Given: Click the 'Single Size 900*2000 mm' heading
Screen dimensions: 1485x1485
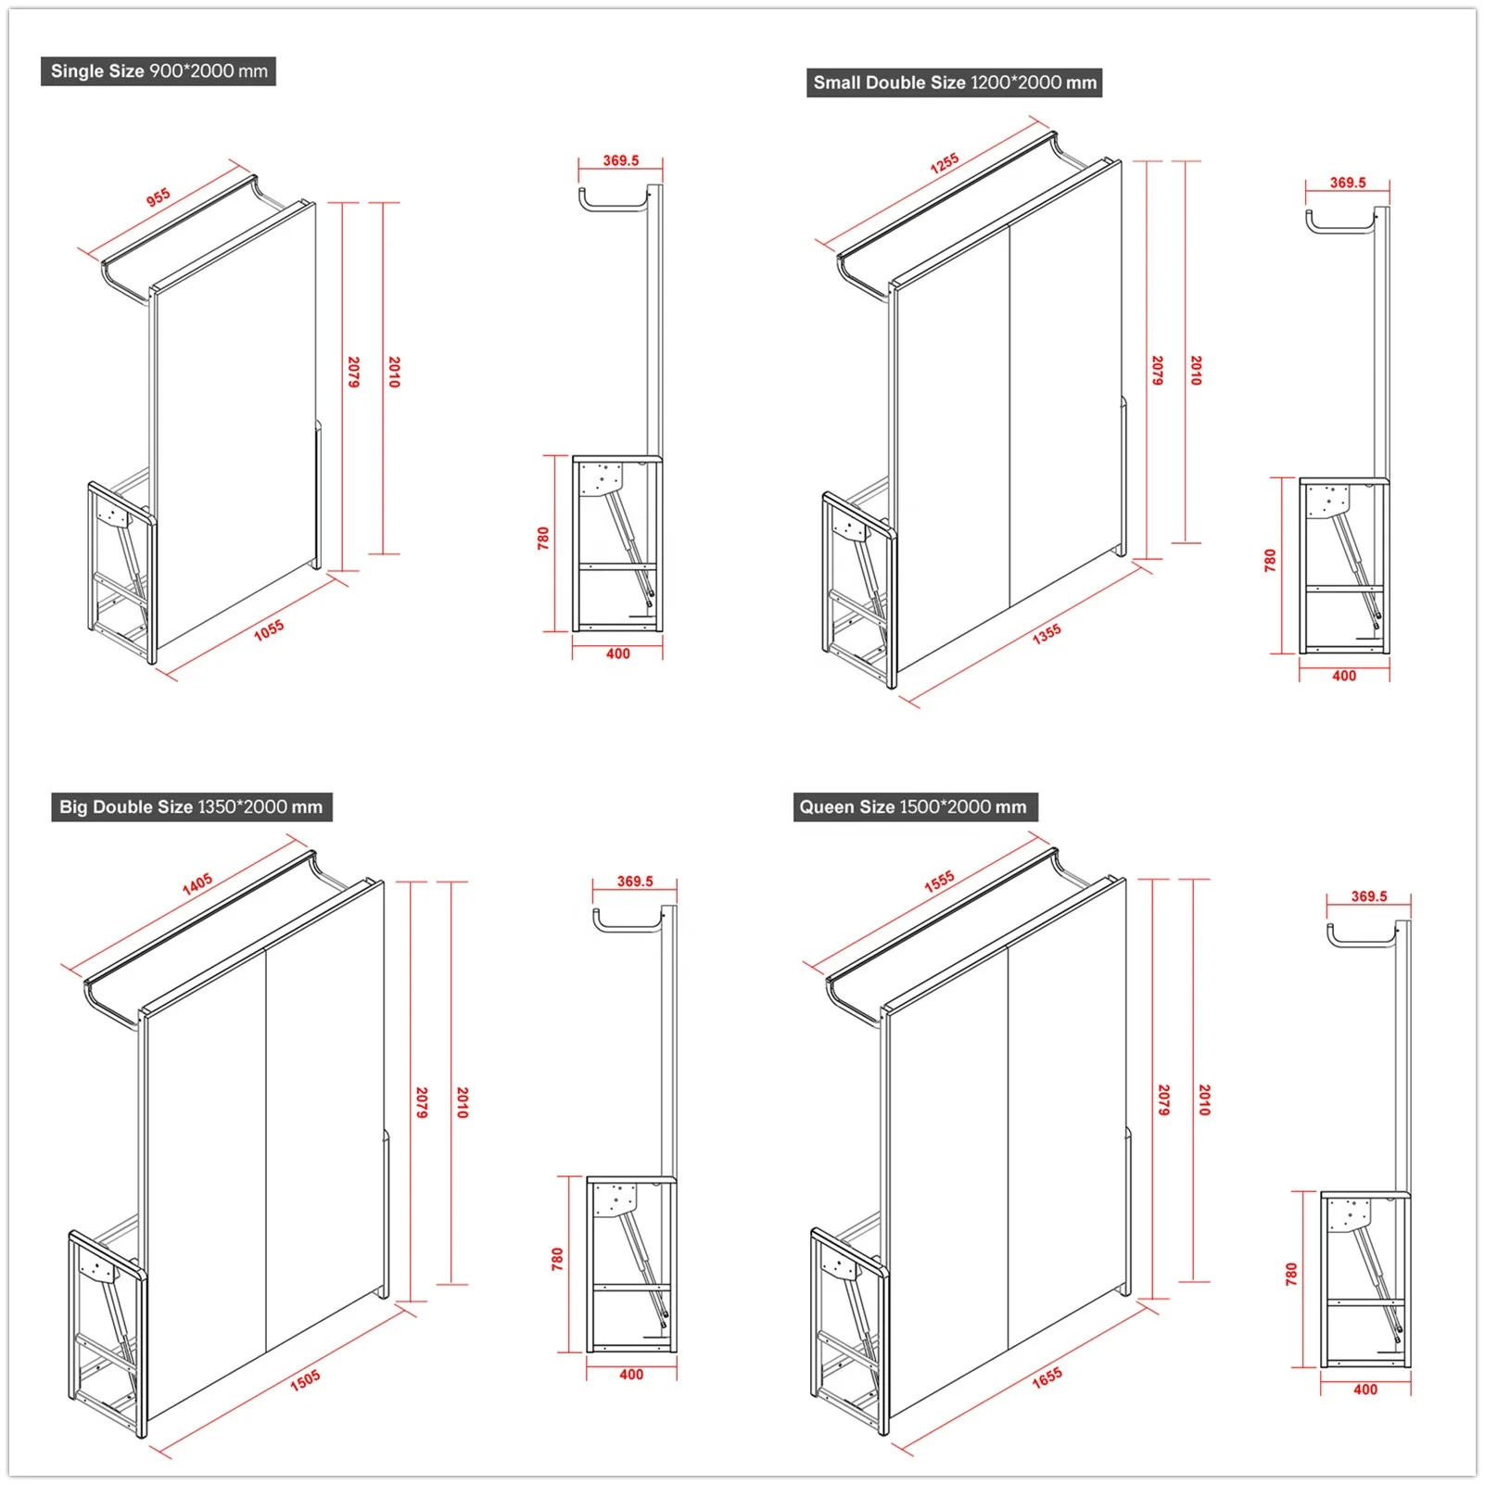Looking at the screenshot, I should (x=159, y=71).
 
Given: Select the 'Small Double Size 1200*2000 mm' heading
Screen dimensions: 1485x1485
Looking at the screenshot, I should (x=954, y=82).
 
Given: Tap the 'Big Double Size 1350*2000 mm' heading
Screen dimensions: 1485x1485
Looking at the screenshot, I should (x=191, y=806).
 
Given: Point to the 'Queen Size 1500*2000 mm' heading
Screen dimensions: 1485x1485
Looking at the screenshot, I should (x=913, y=806).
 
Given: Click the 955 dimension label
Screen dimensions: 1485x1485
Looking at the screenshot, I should (x=159, y=197).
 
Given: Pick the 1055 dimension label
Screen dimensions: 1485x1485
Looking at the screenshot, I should (x=269, y=630).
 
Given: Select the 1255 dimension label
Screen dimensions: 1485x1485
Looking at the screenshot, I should (x=945, y=163).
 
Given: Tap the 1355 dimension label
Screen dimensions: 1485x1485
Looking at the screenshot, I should (x=1047, y=634).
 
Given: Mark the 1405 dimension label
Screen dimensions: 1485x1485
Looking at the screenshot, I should (x=197, y=883).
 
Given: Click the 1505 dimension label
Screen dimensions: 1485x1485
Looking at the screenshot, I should (x=305, y=1379).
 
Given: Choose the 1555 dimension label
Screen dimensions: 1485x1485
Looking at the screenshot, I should (x=939, y=882).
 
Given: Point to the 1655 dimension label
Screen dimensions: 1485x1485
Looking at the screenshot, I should (x=1047, y=1378).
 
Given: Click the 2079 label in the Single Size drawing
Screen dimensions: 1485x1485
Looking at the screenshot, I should (x=353, y=372).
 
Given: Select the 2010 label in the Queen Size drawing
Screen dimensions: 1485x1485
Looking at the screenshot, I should (x=1204, y=1099).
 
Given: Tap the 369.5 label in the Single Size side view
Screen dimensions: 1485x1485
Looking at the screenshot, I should (x=621, y=160).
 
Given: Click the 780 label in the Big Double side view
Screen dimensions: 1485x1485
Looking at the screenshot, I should (x=557, y=1259).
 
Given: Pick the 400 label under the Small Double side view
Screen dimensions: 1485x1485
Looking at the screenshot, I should (x=1344, y=676).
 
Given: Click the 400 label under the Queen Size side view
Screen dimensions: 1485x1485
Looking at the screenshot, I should (x=1365, y=1390).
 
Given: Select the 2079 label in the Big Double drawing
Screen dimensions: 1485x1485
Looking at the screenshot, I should (x=422, y=1102).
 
